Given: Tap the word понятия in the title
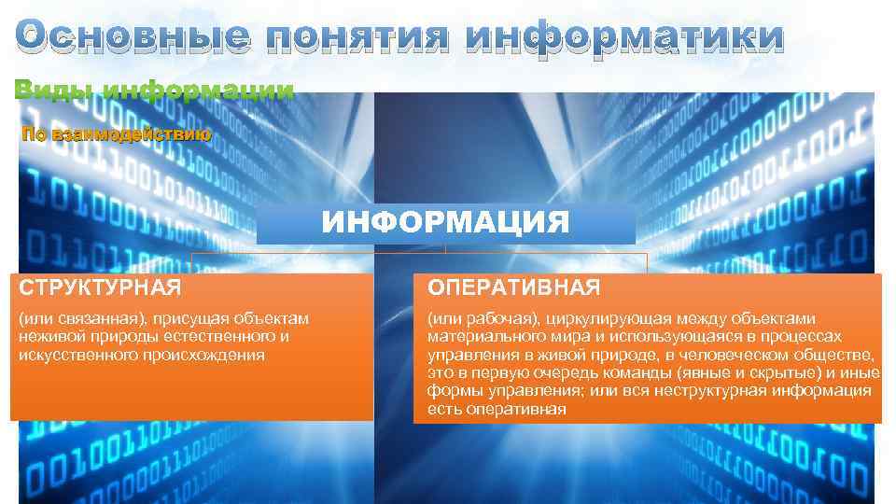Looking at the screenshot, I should pos(352,37).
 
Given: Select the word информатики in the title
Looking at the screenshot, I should pos(624,37).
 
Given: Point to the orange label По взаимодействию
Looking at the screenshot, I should pos(117,134).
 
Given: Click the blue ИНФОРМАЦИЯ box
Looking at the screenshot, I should pos(445,223).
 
